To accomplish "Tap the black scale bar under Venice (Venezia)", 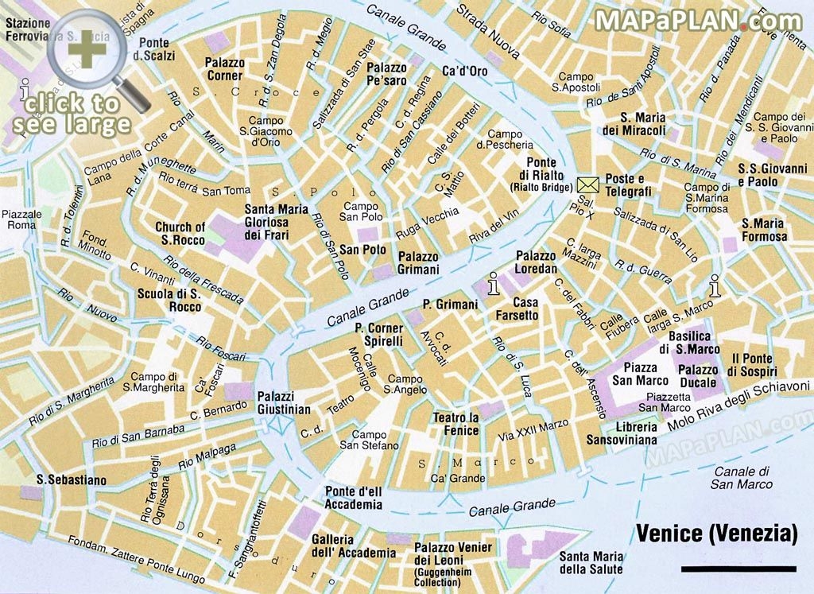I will pyautogui.click(x=738, y=569).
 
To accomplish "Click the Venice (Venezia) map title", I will pyautogui.click(x=716, y=534).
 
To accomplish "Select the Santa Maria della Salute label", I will pyautogui.click(x=591, y=563).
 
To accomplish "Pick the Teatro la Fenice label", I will pyautogui.click(x=455, y=425).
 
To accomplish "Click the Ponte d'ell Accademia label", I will pyautogui.click(x=353, y=498).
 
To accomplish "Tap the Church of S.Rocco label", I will pyautogui.click(x=180, y=233).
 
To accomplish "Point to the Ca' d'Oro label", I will pyautogui.click(x=465, y=72).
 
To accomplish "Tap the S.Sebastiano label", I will pyautogui.click(x=72, y=479).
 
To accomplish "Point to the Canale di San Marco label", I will pyautogui.click(x=742, y=477).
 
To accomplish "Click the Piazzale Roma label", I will pyautogui.click(x=21, y=219).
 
